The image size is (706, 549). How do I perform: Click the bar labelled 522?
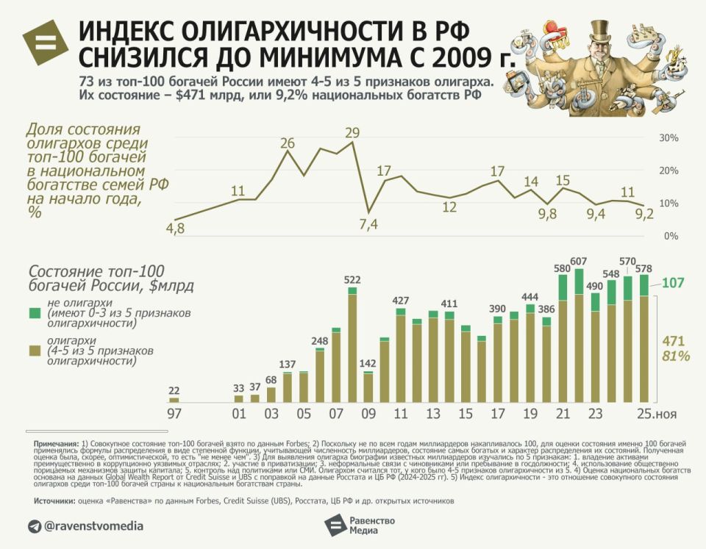[x=352, y=345]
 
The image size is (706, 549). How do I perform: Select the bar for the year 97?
[x=174, y=400]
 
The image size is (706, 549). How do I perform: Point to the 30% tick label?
[x=668, y=137]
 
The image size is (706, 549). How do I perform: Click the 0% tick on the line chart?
[x=670, y=236]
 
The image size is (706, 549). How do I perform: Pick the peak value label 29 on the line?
[x=352, y=132]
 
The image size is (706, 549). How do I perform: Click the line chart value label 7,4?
[x=368, y=225]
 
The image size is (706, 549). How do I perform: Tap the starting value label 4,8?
[x=176, y=229]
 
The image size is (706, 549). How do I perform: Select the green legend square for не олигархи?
[x=34, y=313]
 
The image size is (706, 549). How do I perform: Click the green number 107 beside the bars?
[x=673, y=283]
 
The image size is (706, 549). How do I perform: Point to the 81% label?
[x=675, y=356]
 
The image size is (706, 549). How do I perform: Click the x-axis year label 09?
[x=368, y=414]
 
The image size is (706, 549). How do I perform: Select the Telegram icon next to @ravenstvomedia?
[x=35, y=526]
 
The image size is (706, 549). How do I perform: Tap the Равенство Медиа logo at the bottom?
[x=360, y=525]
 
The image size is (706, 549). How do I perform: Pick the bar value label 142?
[x=368, y=362]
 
